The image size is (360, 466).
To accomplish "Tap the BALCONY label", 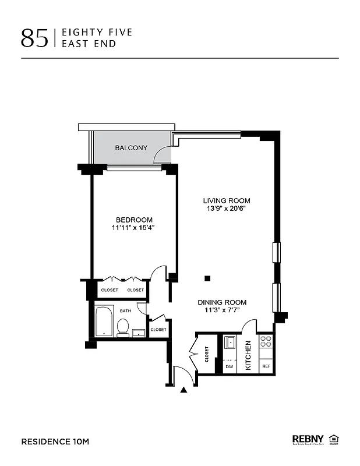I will (x=131, y=148).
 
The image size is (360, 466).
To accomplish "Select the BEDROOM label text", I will (x=134, y=220).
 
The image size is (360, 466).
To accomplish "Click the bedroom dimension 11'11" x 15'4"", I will (x=134, y=228).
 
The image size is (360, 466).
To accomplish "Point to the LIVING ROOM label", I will (x=227, y=200).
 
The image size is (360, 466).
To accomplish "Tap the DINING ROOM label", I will (x=222, y=302).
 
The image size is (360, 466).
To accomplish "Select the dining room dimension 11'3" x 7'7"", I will (x=222, y=310).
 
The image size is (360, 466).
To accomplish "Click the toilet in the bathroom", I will (x=123, y=329).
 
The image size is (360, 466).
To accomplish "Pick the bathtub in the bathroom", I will (x=104, y=321).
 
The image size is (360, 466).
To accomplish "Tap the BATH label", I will (x=125, y=311).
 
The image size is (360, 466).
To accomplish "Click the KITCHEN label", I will (x=248, y=356).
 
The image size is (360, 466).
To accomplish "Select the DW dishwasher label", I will (x=229, y=366).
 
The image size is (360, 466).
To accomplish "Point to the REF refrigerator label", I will (x=266, y=366).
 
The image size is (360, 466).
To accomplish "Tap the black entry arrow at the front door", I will (x=185, y=391).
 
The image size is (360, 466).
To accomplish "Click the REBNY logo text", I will (x=308, y=439).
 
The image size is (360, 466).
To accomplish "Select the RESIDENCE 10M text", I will (x=55, y=442).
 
